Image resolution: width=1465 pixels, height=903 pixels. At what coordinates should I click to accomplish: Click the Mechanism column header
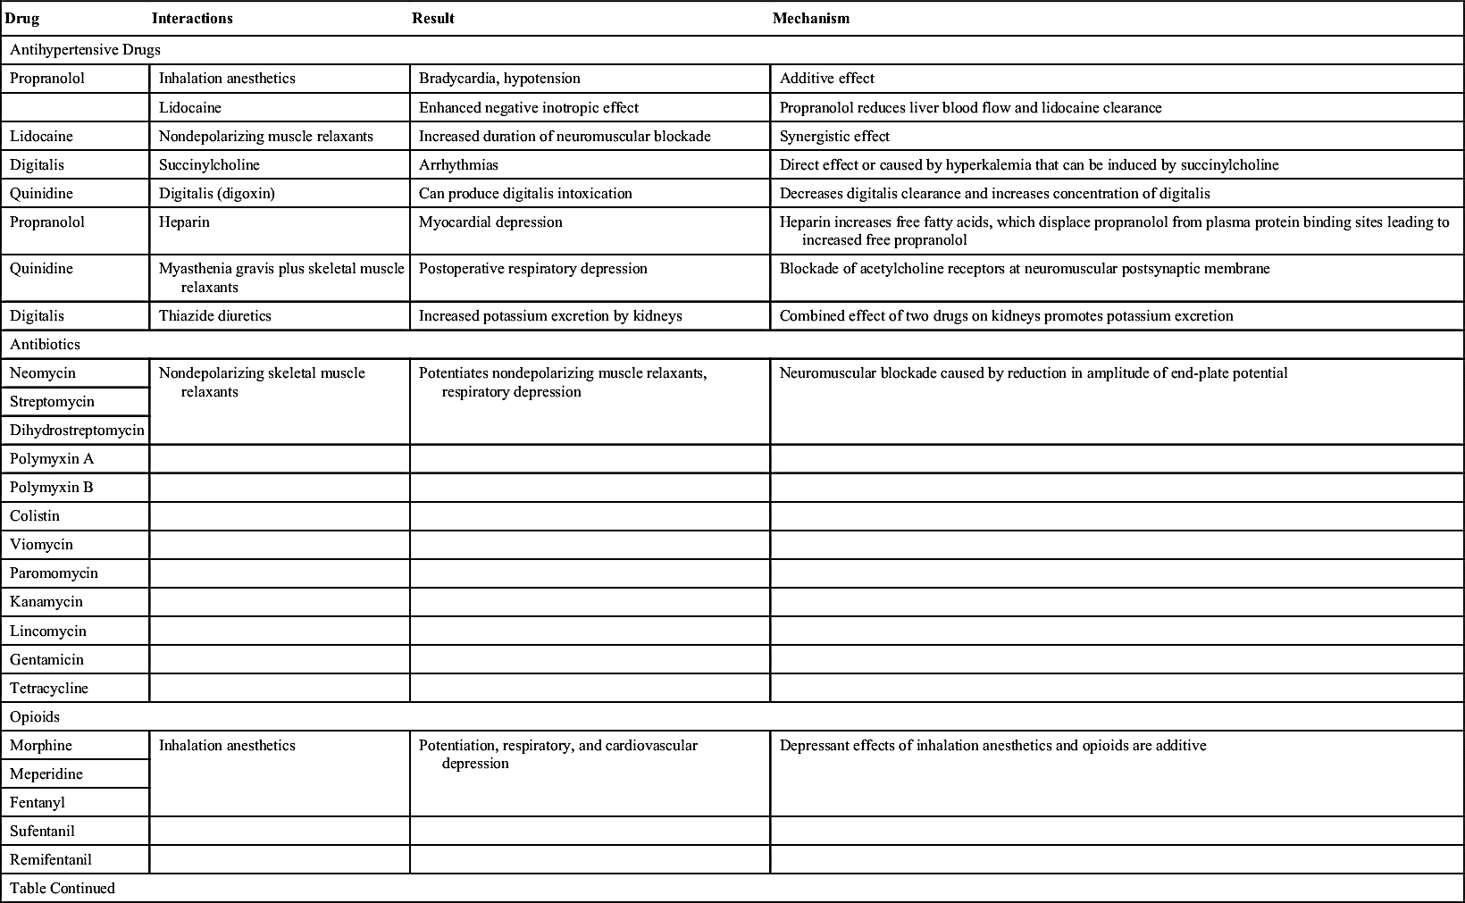810,18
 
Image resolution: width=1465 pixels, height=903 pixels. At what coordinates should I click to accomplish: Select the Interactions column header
192,18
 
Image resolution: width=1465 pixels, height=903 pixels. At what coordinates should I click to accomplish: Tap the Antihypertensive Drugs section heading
85,49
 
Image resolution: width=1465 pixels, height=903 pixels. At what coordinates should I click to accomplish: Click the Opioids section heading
35,716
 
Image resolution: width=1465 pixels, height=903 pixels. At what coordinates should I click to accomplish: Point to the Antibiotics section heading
45,344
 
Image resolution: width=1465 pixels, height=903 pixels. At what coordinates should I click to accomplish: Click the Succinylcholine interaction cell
209,164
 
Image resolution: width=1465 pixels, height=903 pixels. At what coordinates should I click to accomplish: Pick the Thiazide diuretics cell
214,315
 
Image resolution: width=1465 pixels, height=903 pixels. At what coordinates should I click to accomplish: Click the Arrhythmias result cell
458,164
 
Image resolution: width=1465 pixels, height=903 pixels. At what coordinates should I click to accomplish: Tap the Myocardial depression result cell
490,222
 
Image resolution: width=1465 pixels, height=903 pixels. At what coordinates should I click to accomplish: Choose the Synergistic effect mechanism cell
834,136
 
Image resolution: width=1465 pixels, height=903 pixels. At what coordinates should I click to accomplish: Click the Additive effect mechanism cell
826,78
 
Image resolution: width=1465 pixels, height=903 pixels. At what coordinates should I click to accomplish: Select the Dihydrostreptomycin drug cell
77,430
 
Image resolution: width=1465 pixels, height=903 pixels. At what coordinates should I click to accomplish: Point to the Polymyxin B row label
52,487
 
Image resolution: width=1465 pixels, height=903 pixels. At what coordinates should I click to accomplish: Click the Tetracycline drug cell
49,688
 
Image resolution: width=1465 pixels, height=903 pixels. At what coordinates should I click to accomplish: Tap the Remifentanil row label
51,859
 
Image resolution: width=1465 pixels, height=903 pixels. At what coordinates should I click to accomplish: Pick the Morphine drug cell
41,745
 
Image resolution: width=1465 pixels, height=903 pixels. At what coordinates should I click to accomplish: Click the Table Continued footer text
63,888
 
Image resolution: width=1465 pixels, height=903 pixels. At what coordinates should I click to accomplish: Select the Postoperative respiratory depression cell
532,268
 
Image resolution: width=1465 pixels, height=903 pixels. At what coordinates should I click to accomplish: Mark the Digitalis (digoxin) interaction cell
216,193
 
